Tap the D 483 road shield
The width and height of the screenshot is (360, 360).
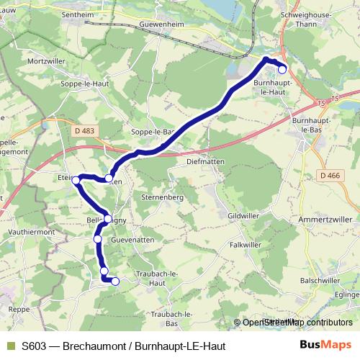pyautogui.click(x=84, y=129)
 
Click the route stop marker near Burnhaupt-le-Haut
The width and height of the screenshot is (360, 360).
pyautogui.click(x=282, y=69)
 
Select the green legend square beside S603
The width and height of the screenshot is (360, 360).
pyautogui.click(x=10, y=346)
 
